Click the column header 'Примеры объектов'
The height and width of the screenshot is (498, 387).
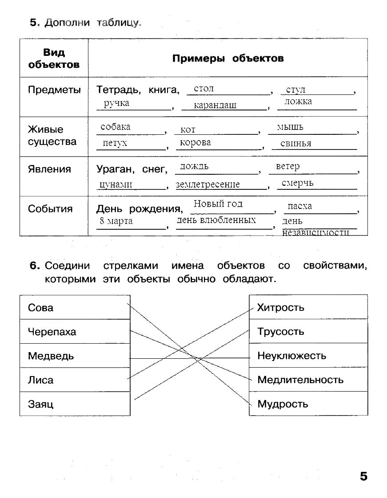227,59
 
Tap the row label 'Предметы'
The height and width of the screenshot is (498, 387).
54,90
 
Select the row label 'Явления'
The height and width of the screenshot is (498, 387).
49,169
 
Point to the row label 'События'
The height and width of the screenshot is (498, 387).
50,209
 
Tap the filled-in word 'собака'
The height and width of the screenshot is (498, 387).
116,127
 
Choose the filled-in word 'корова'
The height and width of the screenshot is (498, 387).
195,143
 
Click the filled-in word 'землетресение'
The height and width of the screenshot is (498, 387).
207,184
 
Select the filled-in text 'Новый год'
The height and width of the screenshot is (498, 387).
218,204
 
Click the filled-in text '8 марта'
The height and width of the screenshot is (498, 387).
116,221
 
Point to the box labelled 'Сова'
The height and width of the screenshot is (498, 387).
75,307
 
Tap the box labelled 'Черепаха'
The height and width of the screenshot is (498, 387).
75,332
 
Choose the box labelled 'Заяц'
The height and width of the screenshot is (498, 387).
75,404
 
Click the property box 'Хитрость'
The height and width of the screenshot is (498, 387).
308,307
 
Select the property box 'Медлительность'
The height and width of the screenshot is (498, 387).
308,380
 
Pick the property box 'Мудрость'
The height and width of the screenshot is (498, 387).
308,404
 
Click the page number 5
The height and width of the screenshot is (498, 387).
363,477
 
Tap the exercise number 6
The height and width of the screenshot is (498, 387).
35,266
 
